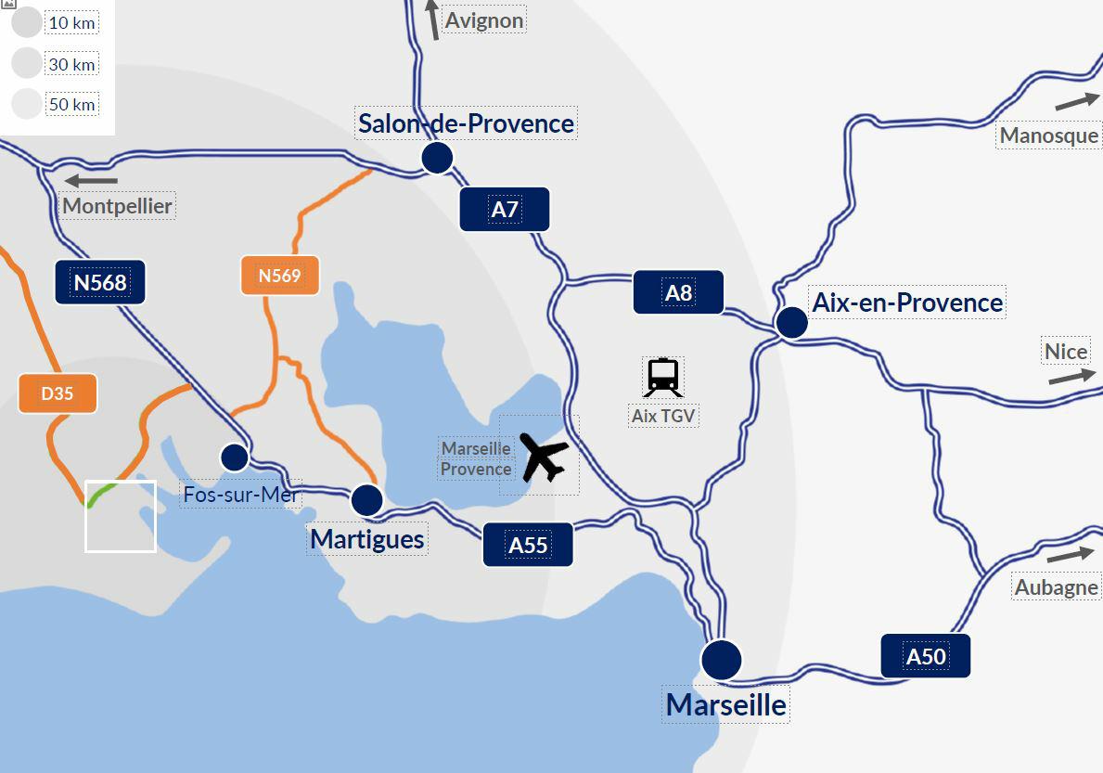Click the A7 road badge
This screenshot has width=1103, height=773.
tap(505, 209)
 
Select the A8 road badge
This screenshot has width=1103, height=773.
tap(678, 292)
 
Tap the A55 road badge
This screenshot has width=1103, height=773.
tap(528, 544)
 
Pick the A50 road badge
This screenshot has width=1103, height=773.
tap(925, 656)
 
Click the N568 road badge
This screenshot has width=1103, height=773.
tap(100, 281)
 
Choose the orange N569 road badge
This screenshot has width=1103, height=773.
tap(279, 276)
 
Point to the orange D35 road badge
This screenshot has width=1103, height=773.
tap(58, 393)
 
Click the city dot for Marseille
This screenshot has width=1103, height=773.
tap(722, 660)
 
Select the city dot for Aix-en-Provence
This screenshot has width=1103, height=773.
tap(791, 322)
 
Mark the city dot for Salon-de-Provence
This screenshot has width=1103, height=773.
tap(436, 158)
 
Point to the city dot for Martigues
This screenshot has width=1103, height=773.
tap(367, 500)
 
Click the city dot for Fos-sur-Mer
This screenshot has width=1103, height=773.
tap(234, 457)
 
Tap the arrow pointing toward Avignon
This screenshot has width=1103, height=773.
tap(432, 19)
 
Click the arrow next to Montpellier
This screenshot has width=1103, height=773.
tap(91, 180)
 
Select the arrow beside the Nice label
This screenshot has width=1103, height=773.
tap(1071, 376)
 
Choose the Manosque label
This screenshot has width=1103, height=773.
tap(1049, 135)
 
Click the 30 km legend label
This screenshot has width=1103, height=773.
tap(71, 64)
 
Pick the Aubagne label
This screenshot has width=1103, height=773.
tap(1057, 587)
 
